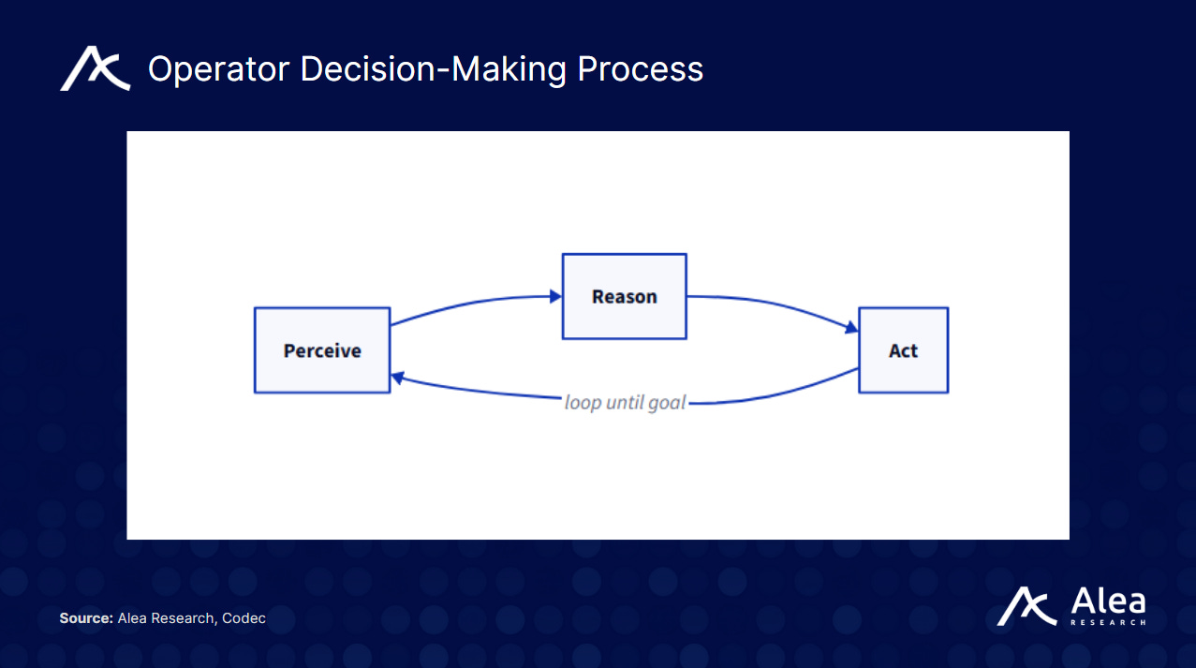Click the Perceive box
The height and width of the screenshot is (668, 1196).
(322, 350)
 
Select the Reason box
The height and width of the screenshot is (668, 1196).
(624, 296)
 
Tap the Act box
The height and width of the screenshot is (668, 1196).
(903, 350)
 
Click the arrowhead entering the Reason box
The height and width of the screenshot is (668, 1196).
(555, 297)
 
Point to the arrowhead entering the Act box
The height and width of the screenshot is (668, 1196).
(851, 328)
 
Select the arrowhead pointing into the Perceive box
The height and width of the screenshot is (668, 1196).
(397, 378)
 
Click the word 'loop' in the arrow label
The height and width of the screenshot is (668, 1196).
(583, 403)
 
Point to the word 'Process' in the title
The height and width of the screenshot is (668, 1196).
(640, 69)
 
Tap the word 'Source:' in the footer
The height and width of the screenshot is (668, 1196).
(86, 618)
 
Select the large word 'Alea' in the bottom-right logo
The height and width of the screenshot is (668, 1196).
(1106, 601)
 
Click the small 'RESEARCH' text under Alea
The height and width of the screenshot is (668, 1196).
(1107, 622)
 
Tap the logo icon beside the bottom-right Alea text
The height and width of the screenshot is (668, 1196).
(1027, 606)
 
